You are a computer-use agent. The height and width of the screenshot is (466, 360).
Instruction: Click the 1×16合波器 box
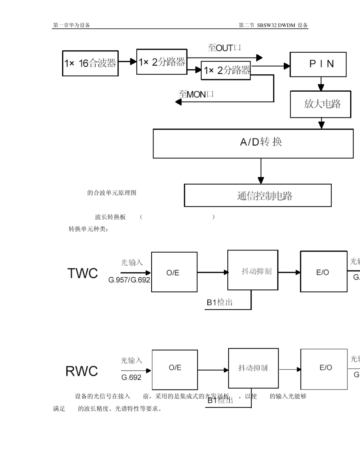[90, 63]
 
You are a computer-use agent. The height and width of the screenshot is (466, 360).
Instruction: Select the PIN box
[318, 64]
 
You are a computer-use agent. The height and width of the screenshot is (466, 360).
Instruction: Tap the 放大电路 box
[322, 104]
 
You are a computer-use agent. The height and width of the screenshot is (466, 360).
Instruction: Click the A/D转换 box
[253, 143]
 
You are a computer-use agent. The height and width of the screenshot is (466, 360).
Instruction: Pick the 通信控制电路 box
[258, 195]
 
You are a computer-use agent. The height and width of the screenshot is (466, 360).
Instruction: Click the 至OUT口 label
[224, 48]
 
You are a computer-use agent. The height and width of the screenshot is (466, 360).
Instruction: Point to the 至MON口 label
[196, 94]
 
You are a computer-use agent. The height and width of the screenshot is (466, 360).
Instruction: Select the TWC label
[83, 273]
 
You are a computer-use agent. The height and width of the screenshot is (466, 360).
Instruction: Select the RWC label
[81, 371]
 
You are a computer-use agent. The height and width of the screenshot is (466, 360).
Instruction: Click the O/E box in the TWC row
[174, 272]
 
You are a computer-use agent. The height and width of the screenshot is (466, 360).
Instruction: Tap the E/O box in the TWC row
[324, 272]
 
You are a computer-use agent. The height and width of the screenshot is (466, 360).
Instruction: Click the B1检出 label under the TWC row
[220, 302]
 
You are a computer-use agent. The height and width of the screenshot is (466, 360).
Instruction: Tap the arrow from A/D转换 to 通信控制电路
[261, 171]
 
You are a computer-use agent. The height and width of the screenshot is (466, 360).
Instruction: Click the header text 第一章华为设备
[72, 25]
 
